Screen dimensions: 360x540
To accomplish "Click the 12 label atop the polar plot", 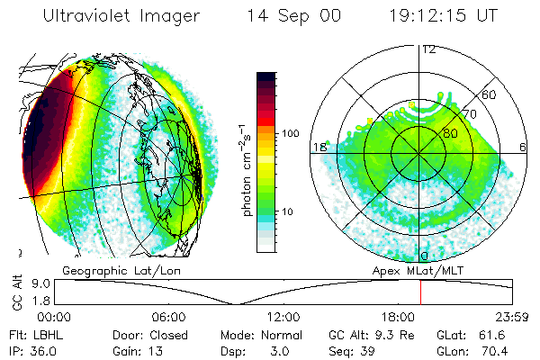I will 428,49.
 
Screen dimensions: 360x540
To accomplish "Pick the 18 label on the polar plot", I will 319,147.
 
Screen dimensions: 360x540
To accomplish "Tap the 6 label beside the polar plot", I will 524,147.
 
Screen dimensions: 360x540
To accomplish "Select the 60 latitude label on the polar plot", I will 490,94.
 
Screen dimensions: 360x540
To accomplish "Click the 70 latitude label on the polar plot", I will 470,114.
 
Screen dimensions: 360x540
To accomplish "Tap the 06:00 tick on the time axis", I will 168,318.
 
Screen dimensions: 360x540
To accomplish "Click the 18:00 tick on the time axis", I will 397,318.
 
